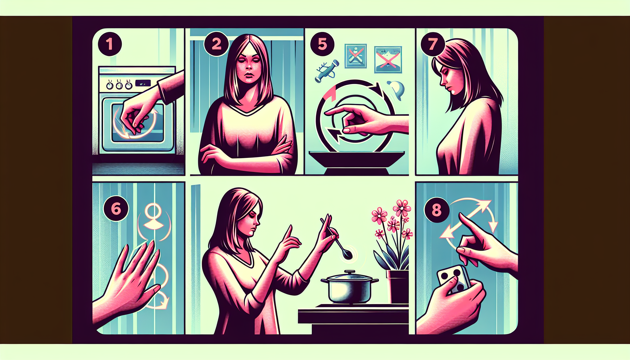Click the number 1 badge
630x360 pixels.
click(110, 44)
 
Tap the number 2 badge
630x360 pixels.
click(216, 44)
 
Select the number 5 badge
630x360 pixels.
click(322, 44)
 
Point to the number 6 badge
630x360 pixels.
click(116, 209)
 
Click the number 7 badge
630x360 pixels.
click(433, 44)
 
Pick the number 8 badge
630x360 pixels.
click(437, 210)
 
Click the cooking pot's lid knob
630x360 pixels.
click(349, 272)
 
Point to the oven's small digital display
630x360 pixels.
click(143, 83)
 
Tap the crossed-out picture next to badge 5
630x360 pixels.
click(356, 56)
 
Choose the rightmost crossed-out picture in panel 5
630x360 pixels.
click(388, 59)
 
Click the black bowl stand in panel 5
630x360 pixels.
click(356, 163)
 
